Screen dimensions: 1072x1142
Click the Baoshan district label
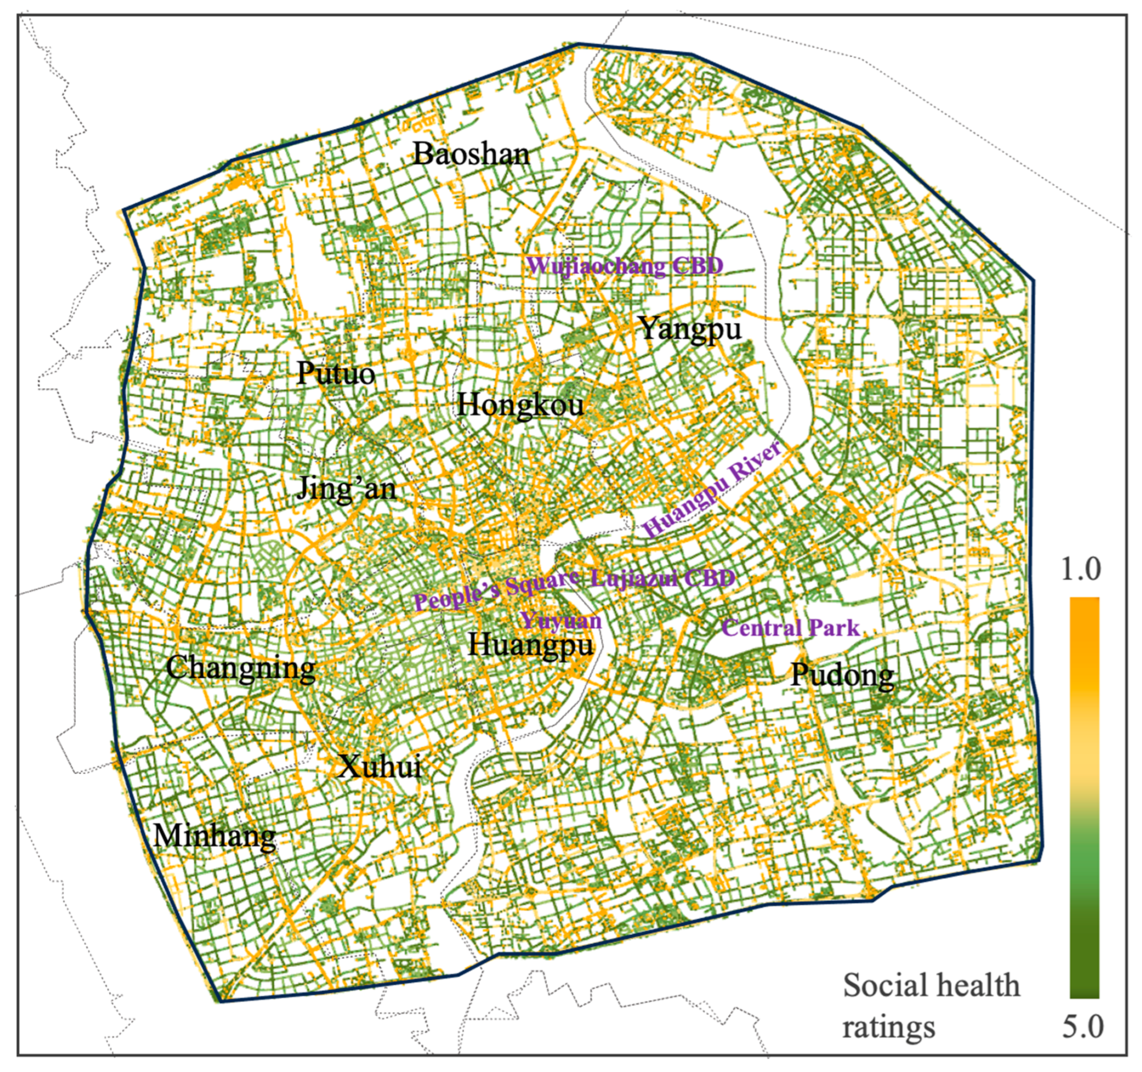[x=471, y=154]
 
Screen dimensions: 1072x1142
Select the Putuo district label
[x=336, y=374]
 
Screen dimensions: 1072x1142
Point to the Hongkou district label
[x=520, y=405]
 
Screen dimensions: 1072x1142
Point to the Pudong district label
[x=842, y=675]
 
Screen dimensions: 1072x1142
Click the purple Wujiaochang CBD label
[x=625, y=266]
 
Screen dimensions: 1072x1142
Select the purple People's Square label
[x=495, y=592]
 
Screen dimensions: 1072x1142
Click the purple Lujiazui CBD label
[x=663, y=578]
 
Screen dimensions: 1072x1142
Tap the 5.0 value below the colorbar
[x=1082, y=1026]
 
